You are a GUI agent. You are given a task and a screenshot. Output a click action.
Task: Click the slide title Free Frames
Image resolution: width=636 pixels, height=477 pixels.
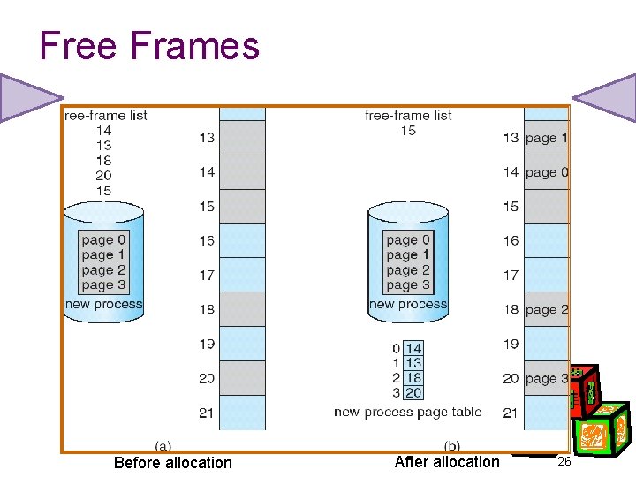pyautogui.click(x=149, y=46)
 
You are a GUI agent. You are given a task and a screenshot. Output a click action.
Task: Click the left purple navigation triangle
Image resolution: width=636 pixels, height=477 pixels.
pyautogui.click(x=26, y=97)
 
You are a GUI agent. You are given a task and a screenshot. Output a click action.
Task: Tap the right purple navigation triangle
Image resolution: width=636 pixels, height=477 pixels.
pyautogui.click(x=608, y=97)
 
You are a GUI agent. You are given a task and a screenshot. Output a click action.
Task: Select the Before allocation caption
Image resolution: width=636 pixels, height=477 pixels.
pyautogui.click(x=173, y=463)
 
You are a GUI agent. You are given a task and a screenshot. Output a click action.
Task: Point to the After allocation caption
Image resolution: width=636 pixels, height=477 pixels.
pyautogui.click(x=447, y=462)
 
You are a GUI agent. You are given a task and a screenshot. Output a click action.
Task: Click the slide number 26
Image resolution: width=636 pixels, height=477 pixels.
pyautogui.click(x=566, y=462)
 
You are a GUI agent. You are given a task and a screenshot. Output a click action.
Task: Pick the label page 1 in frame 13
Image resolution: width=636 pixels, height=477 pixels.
pyautogui.click(x=547, y=138)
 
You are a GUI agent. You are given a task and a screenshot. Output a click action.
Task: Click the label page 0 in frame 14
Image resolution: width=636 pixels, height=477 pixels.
pyautogui.click(x=547, y=172)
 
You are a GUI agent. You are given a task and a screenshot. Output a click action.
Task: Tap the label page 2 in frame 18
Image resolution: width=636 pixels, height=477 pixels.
pyautogui.click(x=547, y=310)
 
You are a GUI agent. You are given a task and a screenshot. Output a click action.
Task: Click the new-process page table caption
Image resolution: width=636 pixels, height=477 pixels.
pyautogui.click(x=408, y=412)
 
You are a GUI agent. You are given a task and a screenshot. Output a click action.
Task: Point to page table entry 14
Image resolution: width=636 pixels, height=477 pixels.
pyautogui.click(x=413, y=349)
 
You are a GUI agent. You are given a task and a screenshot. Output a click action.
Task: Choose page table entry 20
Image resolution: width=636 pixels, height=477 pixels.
pyautogui.click(x=413, y=393)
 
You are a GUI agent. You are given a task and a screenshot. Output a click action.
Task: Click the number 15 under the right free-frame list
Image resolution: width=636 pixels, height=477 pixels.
pyautogui.click(x=408, y=130)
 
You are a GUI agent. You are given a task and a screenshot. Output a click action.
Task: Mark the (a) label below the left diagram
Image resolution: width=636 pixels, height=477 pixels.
pyautogui.click(x=163, y=446)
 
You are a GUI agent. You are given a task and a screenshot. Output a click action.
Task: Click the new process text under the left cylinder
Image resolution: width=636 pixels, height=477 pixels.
pyautogui.click(x=104, y=305)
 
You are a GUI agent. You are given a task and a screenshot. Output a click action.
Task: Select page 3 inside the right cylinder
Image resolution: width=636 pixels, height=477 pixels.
pyautogui.click(x=408, y=284)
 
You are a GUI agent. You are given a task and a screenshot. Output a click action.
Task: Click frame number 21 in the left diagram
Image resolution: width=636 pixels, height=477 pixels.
pyautogui.click(x=207, y=413)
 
